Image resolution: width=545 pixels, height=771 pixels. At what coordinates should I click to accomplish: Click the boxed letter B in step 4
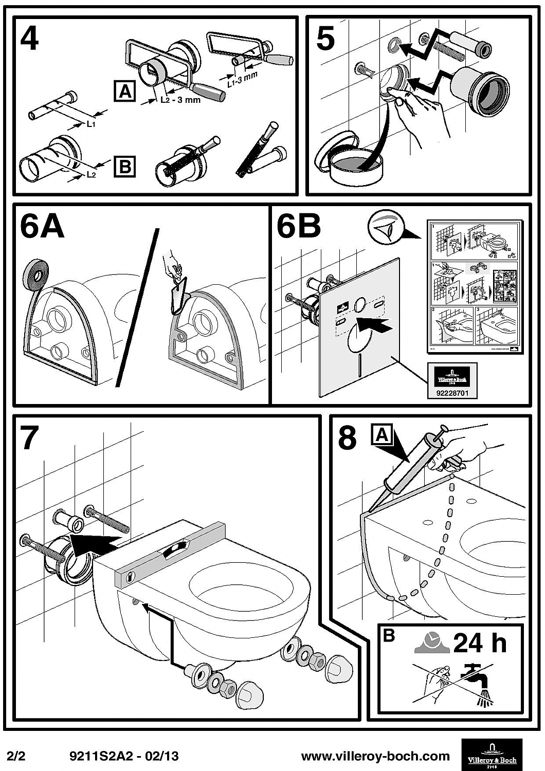coord(124,167)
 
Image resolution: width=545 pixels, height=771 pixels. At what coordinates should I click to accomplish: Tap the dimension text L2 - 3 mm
coord(180,100)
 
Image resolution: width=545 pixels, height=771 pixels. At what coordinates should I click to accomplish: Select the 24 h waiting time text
coord(479,642)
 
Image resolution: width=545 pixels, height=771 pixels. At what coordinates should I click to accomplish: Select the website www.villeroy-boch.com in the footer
coord(375,756)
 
